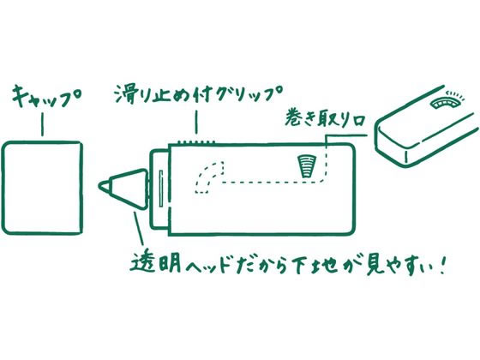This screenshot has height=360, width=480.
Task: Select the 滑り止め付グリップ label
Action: pyautogui.click(x=198, y=94)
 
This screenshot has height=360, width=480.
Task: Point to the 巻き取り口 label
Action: pyautogui.click(x=325, y=118)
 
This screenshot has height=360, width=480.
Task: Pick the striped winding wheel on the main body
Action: pyautogui.click(x=308, y=166)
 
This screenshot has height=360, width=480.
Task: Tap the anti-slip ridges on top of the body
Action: pyautogui.click(x=196, y=142)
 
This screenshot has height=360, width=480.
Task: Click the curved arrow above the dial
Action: pyautogui.click(x=455, y=94)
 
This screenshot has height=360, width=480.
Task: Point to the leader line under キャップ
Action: pyautogui.click(x=42, y=124)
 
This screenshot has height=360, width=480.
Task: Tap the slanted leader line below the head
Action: pyautogui.click(x=139, y=228)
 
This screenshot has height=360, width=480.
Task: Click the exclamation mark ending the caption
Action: pyautogui.click(x=441, y=266)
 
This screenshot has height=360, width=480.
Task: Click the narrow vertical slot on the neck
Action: pyautogui.click(x=161, y=189)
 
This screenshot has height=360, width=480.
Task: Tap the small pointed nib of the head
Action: pyautogui.click(x=104, y=186)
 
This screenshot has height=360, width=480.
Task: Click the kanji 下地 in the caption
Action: pyautogui.click(x=315, y=264)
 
